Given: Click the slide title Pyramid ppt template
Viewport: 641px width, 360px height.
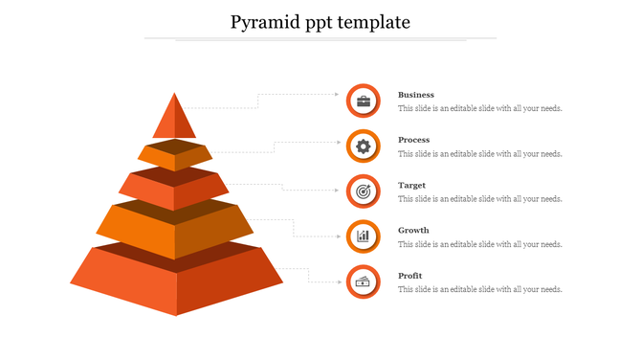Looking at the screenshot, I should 320,22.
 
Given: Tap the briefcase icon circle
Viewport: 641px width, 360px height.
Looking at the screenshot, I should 364,101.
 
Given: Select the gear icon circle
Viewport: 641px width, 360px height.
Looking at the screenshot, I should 364,146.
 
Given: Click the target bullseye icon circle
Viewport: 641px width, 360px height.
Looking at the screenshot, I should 364,191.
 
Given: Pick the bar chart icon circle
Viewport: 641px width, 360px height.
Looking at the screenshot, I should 364,236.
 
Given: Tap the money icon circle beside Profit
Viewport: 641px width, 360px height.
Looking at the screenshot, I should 364,281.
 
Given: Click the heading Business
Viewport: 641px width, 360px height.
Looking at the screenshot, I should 416,95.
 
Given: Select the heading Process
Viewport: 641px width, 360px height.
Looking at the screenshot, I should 414,140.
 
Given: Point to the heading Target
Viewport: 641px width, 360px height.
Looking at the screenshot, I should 412,185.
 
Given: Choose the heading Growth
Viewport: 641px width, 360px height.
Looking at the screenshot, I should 413,230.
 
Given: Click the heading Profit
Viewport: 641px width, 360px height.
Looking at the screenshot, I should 410,276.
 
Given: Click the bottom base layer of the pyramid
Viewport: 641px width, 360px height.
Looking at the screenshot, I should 176,281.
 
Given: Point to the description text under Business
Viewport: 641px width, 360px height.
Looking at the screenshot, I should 480,108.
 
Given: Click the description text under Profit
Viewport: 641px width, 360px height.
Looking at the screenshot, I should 480,289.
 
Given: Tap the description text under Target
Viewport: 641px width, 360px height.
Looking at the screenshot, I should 480,199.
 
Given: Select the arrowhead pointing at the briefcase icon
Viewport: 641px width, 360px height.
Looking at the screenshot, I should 338,95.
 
